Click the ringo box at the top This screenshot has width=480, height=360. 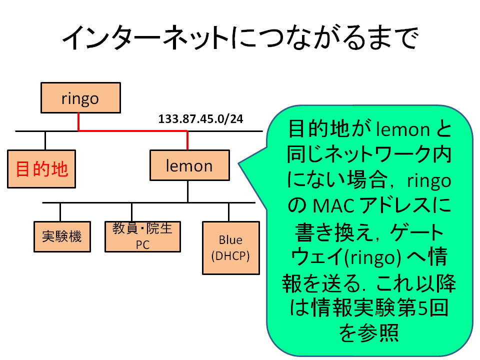click(80, 98)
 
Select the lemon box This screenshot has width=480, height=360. click(189, 165)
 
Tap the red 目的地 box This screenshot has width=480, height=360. click(41, 169)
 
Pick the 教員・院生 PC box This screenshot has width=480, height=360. click(142, 236)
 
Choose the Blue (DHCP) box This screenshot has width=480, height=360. click(230, 248)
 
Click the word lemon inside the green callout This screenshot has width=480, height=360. click(402, 130)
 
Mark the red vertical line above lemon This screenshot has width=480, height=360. click(187, 140)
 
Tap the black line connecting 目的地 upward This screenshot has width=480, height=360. click(45, 140)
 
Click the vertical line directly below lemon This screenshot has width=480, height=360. click(187, 191)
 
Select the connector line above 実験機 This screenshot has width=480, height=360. click(60, 211)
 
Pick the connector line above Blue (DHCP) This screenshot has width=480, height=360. click(229, 211)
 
